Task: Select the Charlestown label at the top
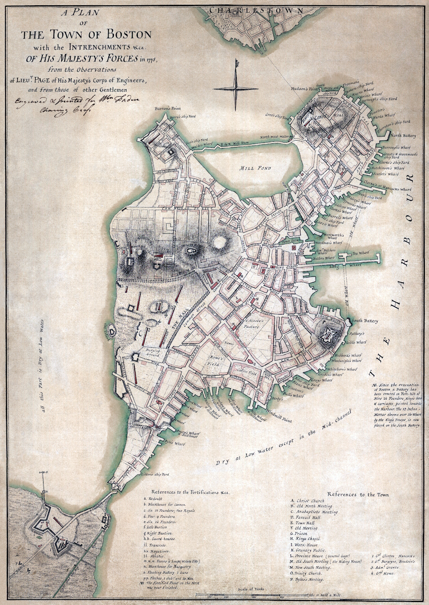click(250, 10)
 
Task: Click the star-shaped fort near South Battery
click(330, 334)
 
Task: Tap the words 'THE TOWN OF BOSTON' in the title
click(86, 36)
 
